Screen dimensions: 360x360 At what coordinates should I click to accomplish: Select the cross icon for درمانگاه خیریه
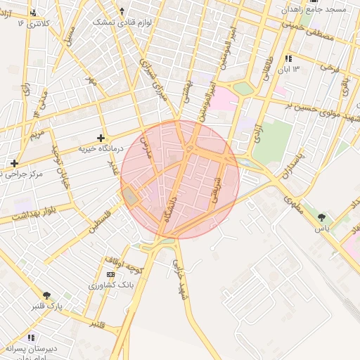[x=101, y=138]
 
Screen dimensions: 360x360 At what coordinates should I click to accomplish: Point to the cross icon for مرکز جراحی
[x=14, y=163]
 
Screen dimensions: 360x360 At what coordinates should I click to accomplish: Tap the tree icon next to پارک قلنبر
[x=47, y=295]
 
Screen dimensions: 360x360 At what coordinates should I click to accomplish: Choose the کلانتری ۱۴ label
[x=39, y=23]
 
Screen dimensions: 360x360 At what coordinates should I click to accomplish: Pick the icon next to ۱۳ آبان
[x=288, y=58]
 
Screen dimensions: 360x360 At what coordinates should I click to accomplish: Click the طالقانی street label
[x=268, y=71]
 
